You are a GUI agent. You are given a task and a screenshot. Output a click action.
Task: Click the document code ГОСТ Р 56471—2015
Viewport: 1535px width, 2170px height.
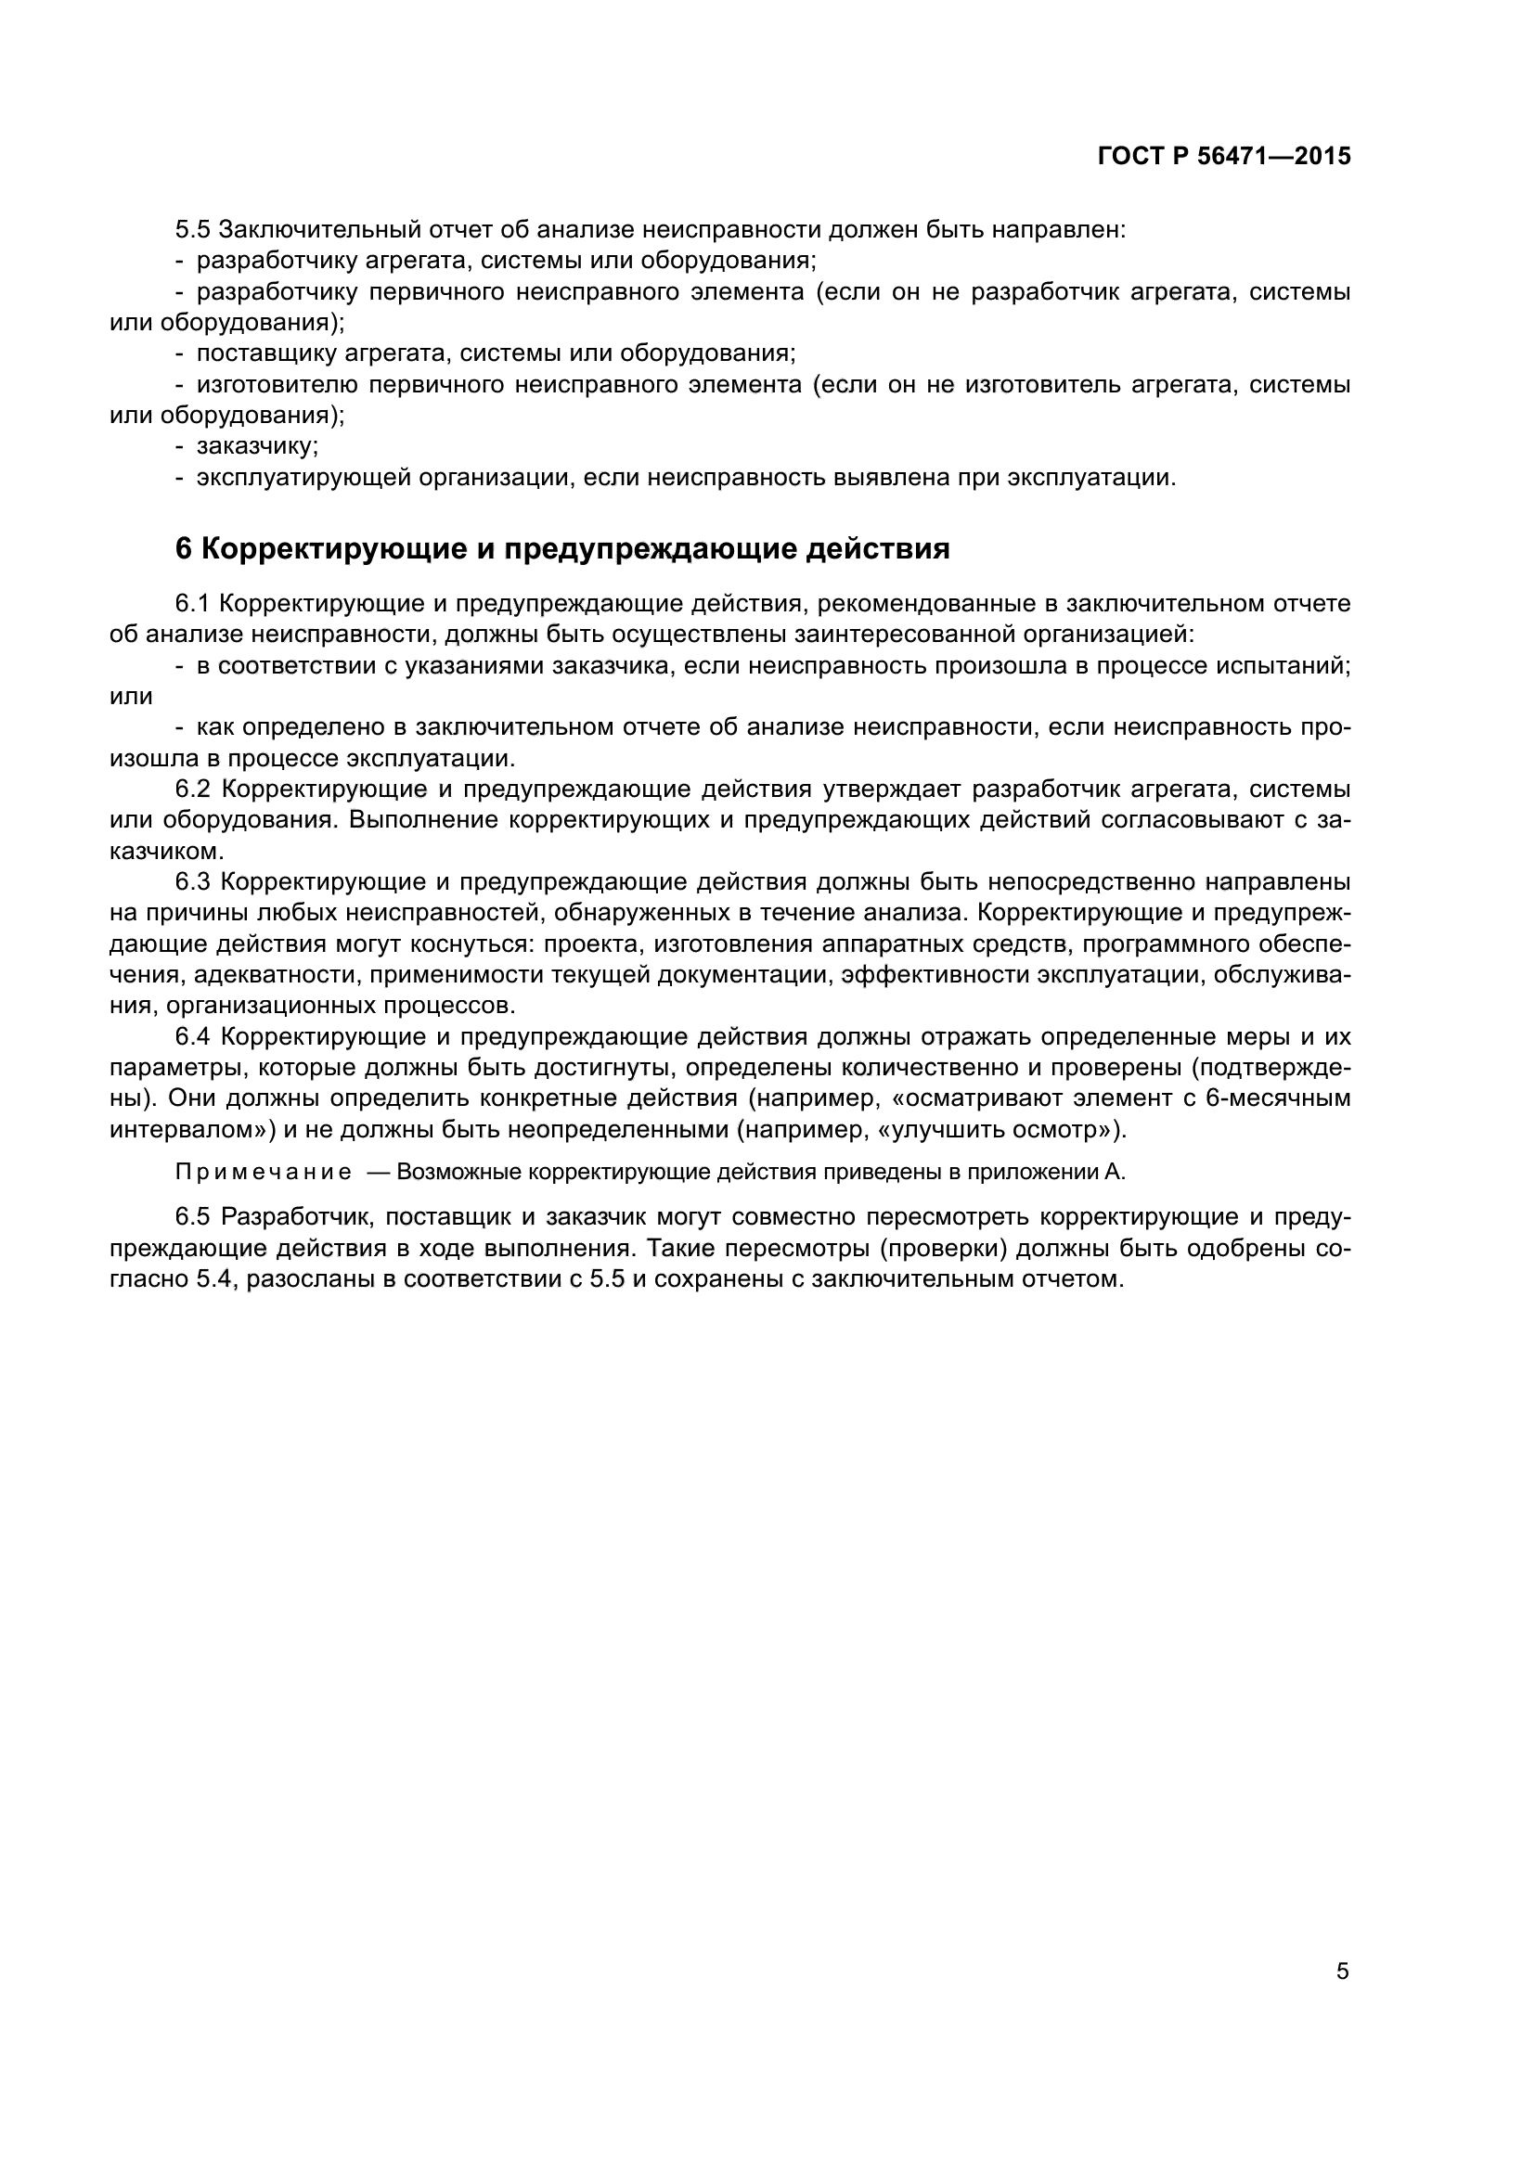pos(1224,157)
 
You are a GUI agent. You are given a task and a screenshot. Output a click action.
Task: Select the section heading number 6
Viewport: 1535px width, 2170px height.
pos(184,549)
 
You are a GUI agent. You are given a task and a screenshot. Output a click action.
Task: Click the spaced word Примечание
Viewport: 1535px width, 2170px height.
pos(264,1173)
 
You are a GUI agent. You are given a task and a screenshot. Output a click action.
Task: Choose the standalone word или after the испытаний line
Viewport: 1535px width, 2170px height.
pos(132,697)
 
